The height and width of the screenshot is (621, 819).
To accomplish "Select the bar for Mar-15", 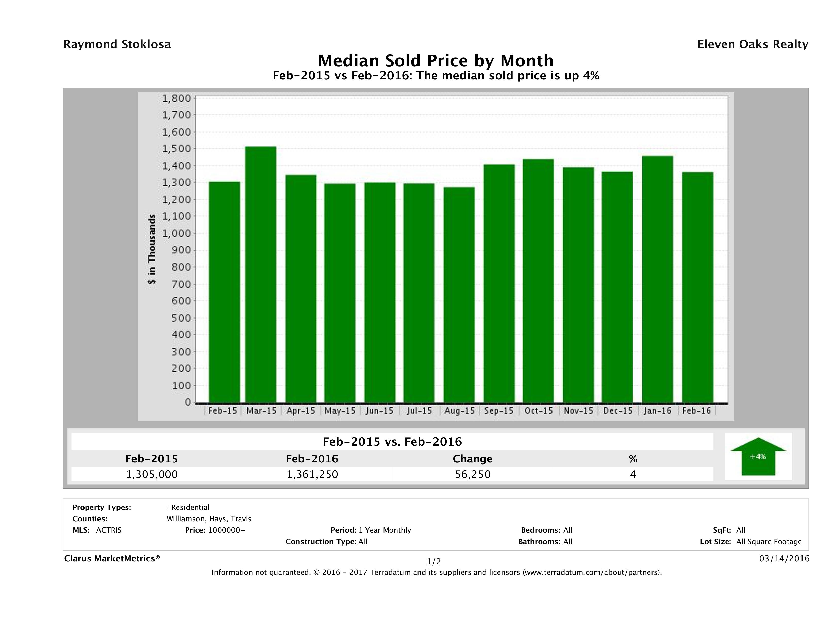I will [261, 274].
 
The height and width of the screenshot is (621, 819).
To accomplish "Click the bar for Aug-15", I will [459, 295].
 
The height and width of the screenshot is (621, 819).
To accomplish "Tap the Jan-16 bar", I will [658, 279].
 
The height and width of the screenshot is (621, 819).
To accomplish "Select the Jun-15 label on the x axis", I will [379, 411].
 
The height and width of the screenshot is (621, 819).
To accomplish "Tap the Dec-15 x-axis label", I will [618, 411].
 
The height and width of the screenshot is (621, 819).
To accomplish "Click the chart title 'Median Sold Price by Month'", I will [436, 60].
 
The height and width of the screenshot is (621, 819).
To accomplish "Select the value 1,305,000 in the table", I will [152, 474].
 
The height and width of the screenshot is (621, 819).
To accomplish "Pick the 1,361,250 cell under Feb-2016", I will [312, 474].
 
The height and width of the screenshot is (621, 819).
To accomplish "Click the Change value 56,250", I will [473, 474].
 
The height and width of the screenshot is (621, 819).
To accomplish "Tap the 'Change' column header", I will [473, 459].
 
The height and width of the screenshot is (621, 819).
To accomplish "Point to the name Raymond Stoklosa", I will [117, 44].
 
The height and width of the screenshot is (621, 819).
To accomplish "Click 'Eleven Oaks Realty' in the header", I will [752, 44].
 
